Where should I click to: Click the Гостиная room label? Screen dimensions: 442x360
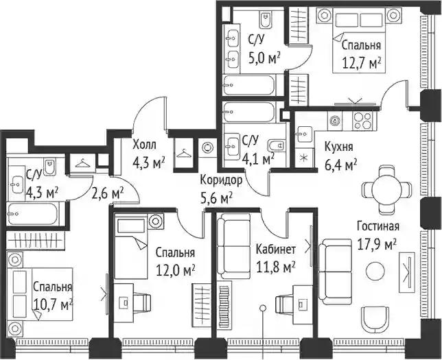point(378,226)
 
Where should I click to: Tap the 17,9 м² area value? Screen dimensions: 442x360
point(377,244)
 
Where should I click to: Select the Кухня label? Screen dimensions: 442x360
point(339,147)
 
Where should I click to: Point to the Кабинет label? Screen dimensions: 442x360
point(276,250)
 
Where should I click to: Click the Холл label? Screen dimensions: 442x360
point(144,145)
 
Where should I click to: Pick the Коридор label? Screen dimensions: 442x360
point(221,180)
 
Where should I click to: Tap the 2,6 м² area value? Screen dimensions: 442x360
point(108,193)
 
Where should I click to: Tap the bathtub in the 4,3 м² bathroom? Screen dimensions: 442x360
point(33,213)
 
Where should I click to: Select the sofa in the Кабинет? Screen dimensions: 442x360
point(233,246)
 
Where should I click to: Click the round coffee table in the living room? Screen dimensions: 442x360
point(375,271)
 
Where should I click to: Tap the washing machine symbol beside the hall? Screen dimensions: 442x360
point(208,147)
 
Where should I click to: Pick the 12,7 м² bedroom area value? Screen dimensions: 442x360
point(362,63)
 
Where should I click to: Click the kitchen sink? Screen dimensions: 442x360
point(305,134)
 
